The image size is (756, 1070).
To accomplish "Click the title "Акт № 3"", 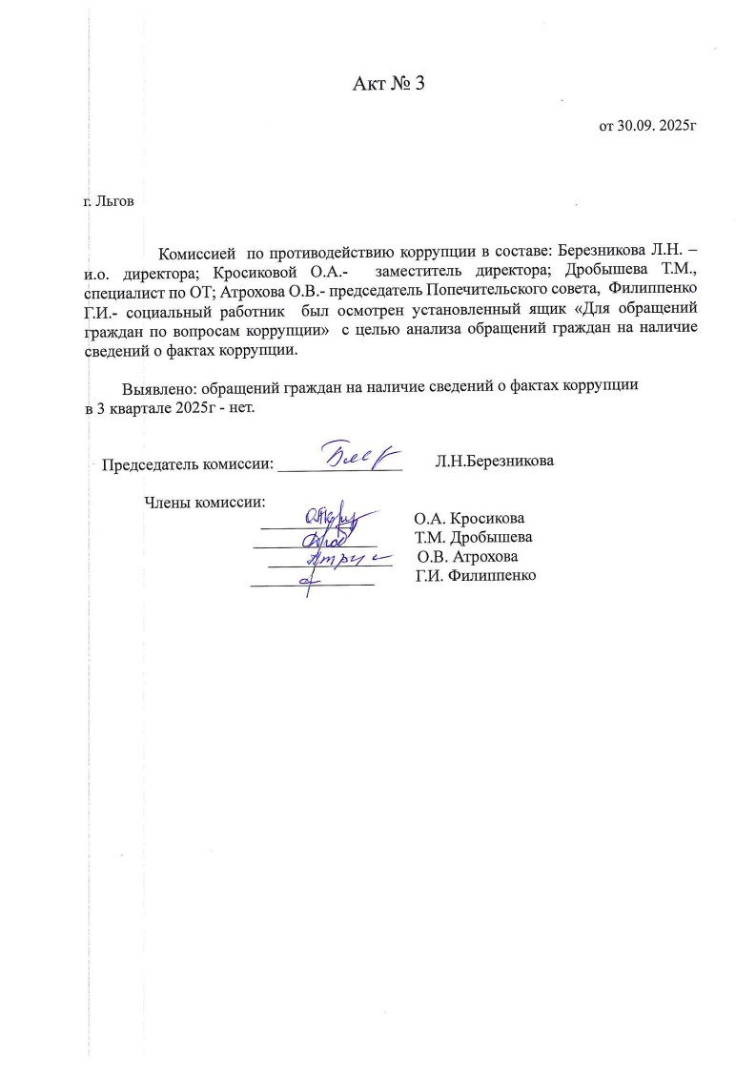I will (x=387, y=84).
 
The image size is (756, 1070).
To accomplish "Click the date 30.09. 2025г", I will (x=643, y=125).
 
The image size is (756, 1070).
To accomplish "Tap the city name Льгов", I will (x=114, y=202).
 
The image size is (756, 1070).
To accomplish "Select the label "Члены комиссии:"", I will (x=203, y=503).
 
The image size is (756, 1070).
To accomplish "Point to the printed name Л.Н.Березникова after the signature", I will (x=494, y=461).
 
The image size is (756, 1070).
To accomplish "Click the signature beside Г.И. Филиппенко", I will (x=307, y=579).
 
